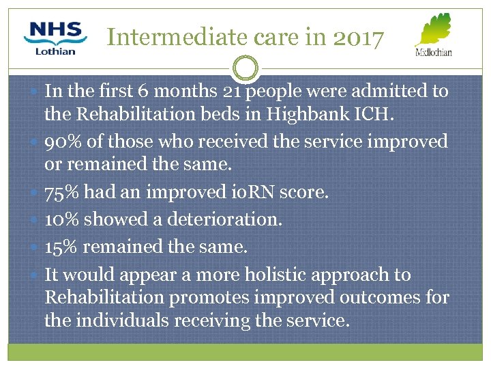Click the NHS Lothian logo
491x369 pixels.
(x=55, y=38)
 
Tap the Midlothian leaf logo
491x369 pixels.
(x=434, y=34)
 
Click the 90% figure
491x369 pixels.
(x=61, y=141)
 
